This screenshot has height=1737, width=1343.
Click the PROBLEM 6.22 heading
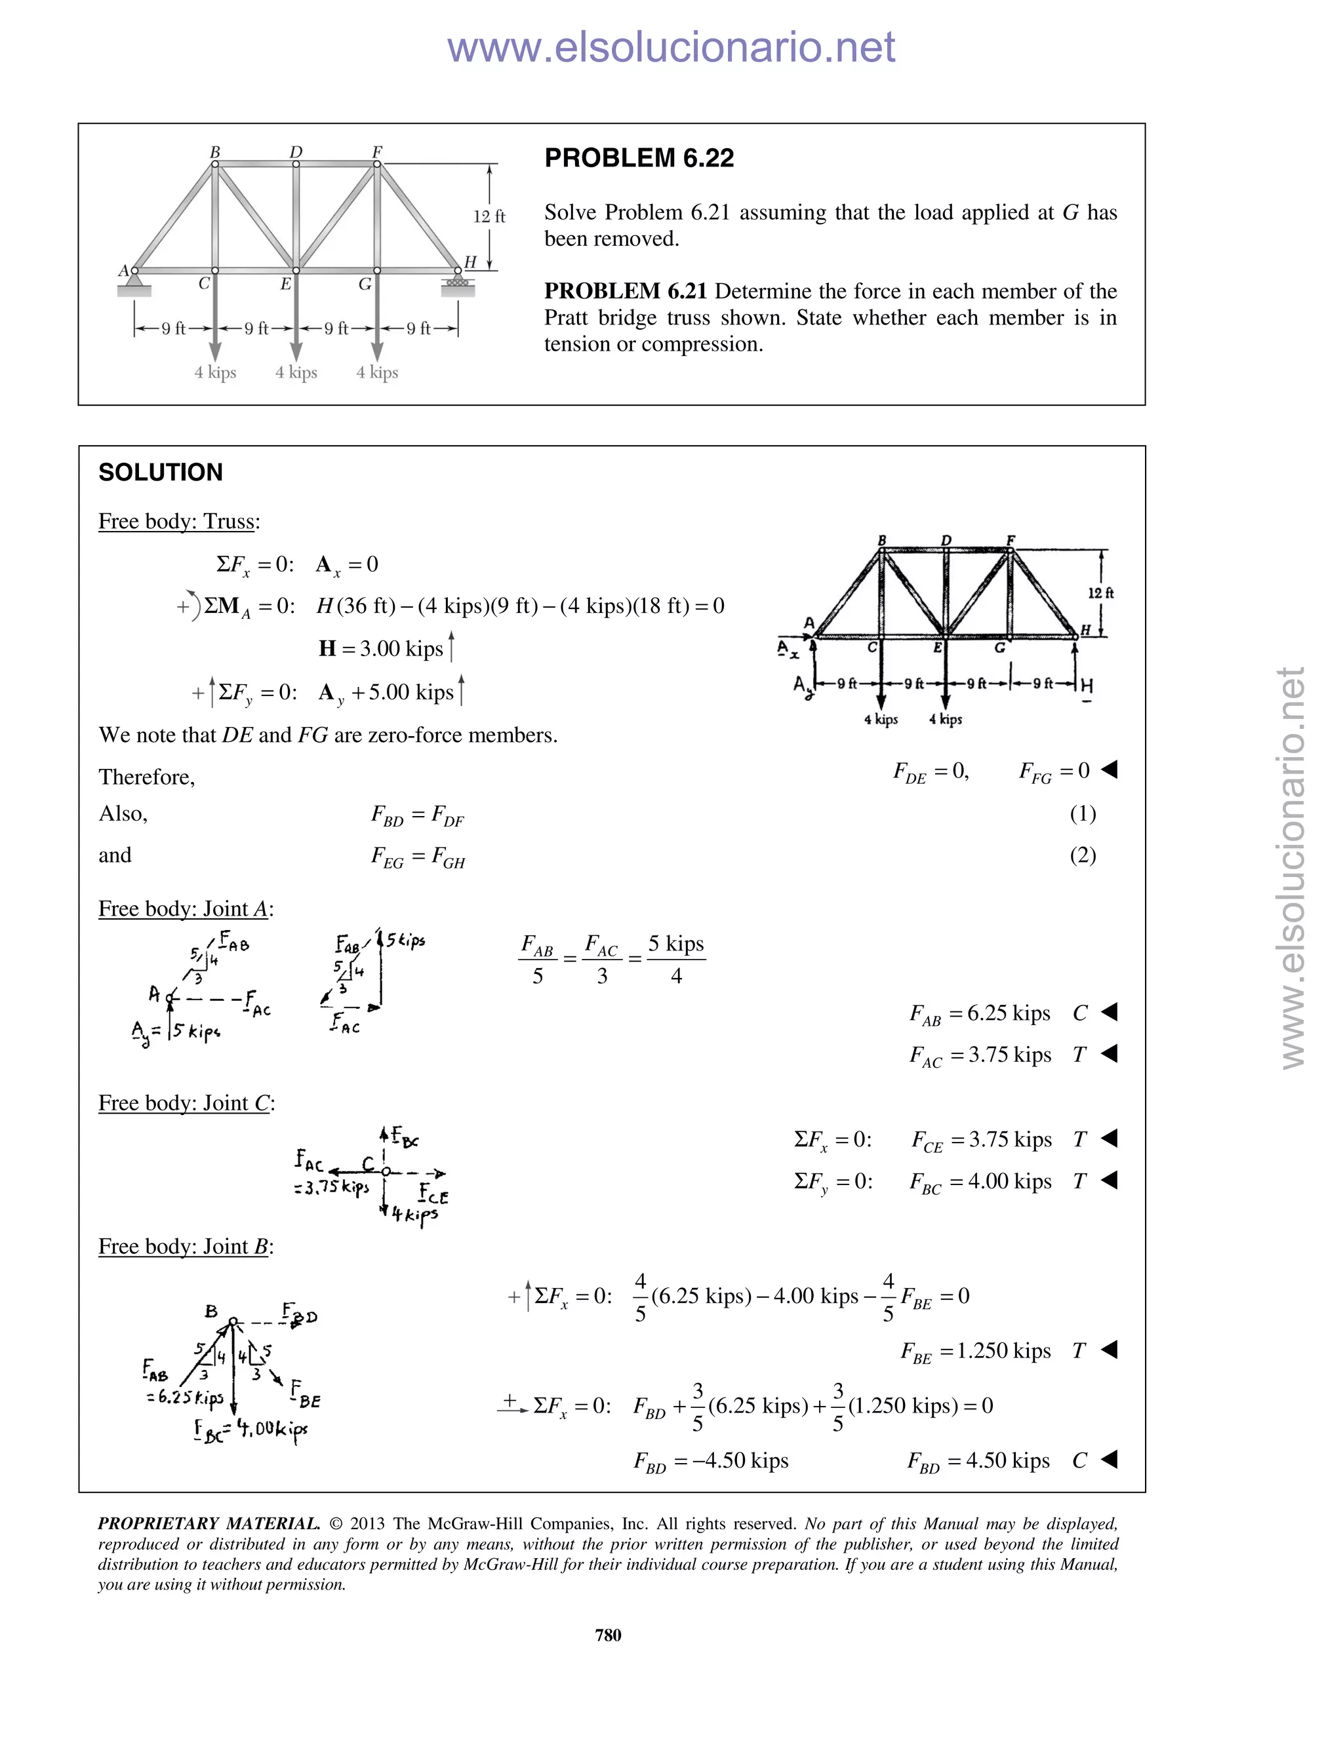coord(639,158)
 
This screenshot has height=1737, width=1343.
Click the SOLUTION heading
coord(161,473)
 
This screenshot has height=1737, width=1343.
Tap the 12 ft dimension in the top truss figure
coord(489,216)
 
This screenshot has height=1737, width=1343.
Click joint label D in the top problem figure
coord(296,151)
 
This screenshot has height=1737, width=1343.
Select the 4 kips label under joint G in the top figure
coord(377,372)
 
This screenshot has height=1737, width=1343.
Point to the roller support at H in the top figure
coord(458,283)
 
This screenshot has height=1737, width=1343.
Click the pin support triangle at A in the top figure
coord(134,281)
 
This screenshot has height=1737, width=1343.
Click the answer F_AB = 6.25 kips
coord(980,1013)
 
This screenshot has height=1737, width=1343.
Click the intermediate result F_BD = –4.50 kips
coord(710,1461)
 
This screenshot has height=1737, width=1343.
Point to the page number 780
coord(608,1634)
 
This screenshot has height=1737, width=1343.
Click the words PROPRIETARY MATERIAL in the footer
coord(209,1524)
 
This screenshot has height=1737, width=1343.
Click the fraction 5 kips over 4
coord(676,959)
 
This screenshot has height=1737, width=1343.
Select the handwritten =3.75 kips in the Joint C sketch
coord(331,1186)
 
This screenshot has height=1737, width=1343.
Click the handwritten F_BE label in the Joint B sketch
coord(306,1394)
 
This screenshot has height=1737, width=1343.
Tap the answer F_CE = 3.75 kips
coord(982,1140)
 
